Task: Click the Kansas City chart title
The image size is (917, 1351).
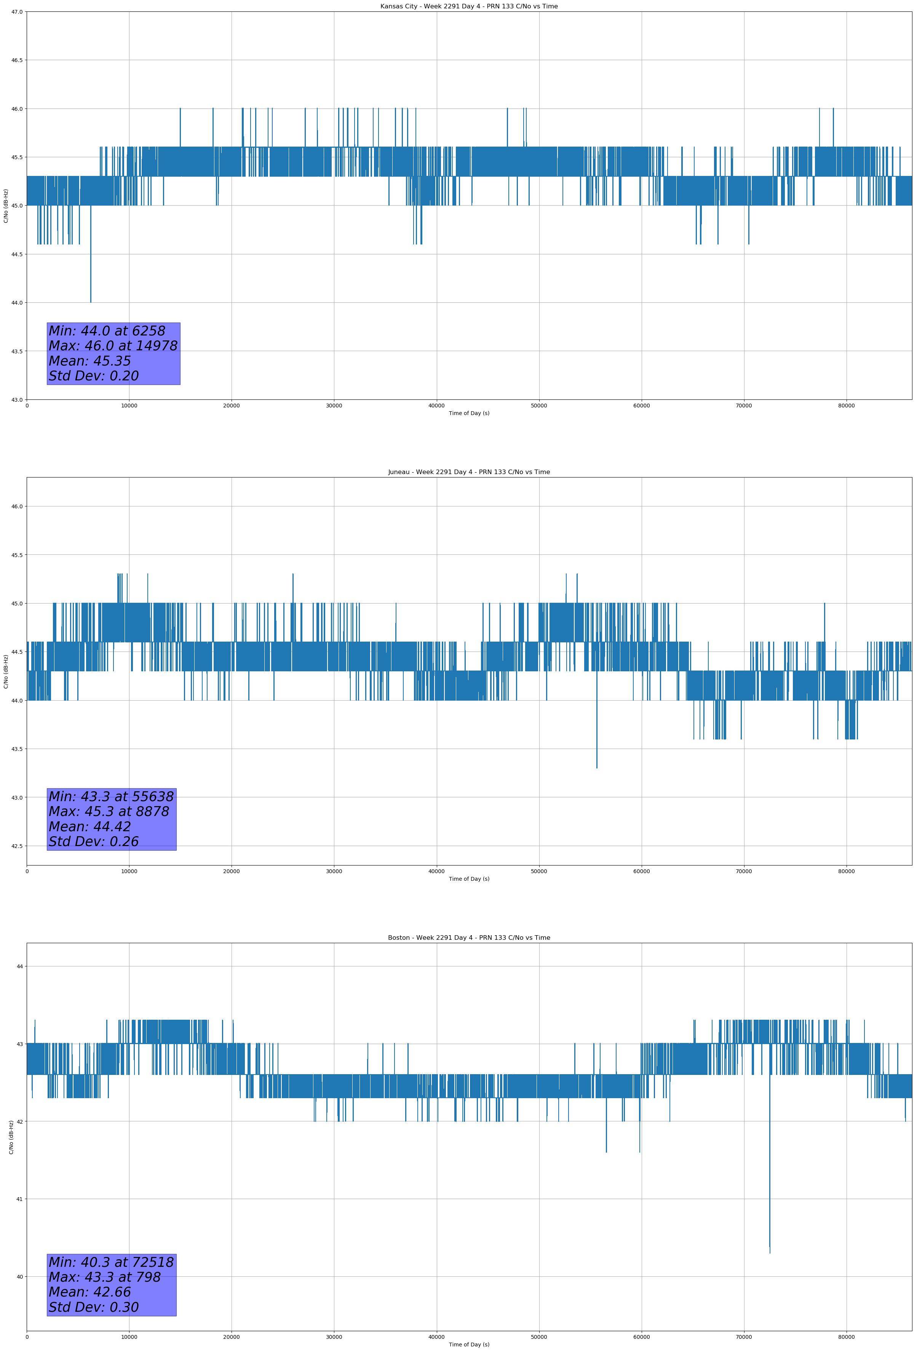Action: [469, 6]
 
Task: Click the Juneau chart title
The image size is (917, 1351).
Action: [469, 472]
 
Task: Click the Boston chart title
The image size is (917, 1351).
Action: [469, 938]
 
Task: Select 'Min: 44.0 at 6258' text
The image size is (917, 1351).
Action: [107, 331]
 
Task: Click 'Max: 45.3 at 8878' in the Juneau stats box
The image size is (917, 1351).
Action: [109, 811]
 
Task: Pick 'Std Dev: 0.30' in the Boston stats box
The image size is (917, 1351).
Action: [94, 1307]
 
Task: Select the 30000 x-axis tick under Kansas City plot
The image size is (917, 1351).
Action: [334, 406]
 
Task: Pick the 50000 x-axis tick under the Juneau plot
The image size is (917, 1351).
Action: [539, 871]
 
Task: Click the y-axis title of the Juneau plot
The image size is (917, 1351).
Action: [6, 671]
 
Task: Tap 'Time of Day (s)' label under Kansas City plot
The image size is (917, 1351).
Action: [469, 413]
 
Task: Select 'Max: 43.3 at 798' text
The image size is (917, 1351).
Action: [105, 1277]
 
